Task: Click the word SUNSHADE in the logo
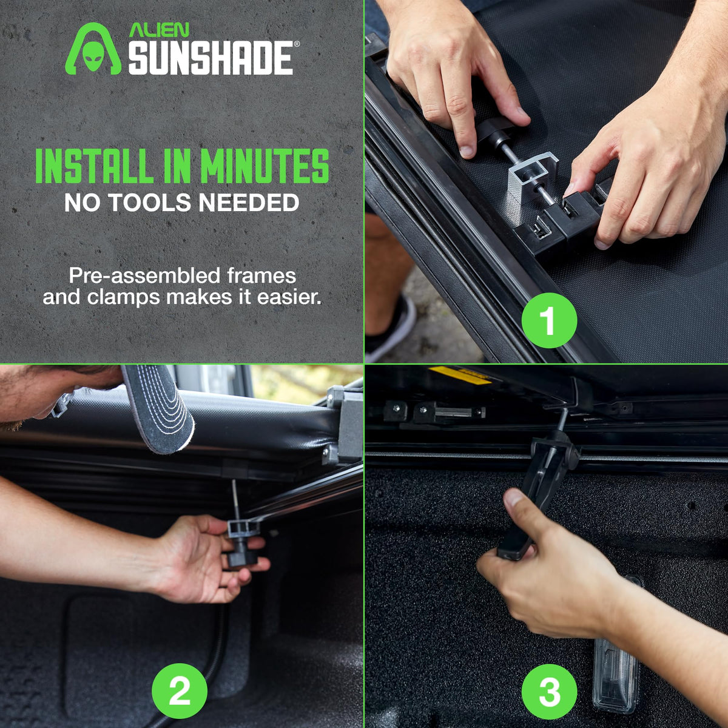tap(211, 58)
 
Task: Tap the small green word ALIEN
tap(159, 30)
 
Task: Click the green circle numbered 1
tap(549, 320)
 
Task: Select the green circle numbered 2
tap(180, 691)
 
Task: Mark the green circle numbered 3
tap(549, 691)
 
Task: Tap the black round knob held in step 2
tap(242, 555)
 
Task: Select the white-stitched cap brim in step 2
tap(159, 408)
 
